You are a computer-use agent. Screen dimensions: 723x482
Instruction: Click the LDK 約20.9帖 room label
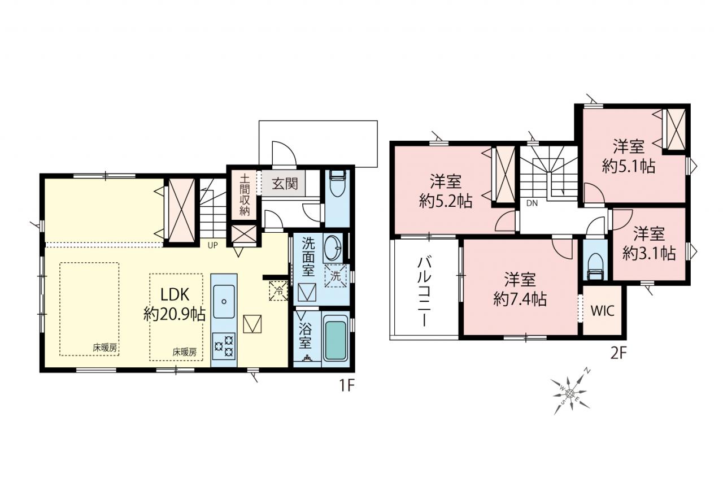(175, 304)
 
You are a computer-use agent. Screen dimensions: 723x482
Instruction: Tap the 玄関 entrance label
(285, 184)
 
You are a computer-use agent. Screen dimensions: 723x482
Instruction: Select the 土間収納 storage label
(245, 196)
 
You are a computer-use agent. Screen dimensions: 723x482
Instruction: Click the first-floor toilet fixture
(337, 184)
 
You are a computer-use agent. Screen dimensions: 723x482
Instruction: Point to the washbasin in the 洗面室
(333, 248)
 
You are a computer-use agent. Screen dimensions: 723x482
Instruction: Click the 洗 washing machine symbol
(336, 276)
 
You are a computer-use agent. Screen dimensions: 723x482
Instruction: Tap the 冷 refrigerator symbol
(278, 290)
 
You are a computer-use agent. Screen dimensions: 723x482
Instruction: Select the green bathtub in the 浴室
(336, 341)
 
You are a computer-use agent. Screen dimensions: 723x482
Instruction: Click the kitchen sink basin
(224, 302)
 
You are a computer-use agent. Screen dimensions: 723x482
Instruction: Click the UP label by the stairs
(213, 245)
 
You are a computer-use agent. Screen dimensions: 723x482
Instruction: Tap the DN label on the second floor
(532, 203)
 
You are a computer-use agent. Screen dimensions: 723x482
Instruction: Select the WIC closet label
(602, 311)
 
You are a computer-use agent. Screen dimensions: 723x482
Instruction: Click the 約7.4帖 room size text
(520, 299)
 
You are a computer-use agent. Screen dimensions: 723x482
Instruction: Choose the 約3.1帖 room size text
(649, 253)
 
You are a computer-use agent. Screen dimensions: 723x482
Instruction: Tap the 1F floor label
(347, 385)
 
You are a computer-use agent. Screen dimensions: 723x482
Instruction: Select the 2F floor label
(619, 354)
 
